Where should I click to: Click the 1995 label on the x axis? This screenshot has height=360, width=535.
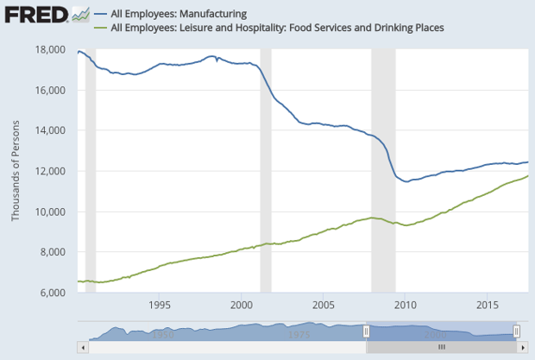tap(159, 305)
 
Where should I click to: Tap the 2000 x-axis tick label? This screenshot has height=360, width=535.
tap(242, 305)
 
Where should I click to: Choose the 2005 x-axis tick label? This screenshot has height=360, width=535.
tap(324, 305)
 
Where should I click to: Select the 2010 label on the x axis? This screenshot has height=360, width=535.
tap(406, 305)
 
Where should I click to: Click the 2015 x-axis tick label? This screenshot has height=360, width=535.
tap(488, 305)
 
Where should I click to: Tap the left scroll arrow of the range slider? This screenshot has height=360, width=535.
tap(83, 346)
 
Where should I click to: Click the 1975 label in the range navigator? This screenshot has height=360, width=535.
tap(299, 333)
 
